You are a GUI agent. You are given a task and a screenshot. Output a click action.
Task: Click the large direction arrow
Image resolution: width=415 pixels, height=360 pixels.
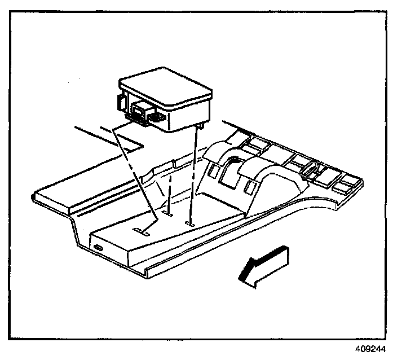(264, 264)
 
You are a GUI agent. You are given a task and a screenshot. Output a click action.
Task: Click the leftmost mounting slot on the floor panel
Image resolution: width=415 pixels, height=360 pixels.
(141, 230)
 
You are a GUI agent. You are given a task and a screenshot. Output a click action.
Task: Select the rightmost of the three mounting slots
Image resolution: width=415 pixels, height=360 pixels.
(191, 223)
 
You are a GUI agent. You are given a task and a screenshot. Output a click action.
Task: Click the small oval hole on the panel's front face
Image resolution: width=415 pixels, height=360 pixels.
(99, 248)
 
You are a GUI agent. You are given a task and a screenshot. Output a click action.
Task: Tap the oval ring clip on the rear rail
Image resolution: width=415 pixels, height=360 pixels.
(310, 168)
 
